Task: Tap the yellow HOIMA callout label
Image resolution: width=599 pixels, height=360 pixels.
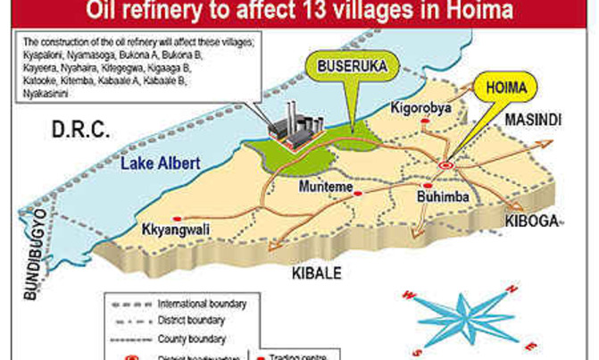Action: tap(505, 90)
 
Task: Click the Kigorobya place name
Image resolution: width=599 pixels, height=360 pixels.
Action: tap(420, 108)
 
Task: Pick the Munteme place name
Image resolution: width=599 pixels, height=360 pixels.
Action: tap(323, 194)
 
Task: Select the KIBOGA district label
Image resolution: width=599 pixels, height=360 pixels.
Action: tap(532, 221)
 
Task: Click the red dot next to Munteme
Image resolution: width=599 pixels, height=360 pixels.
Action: tap(358, 192)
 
